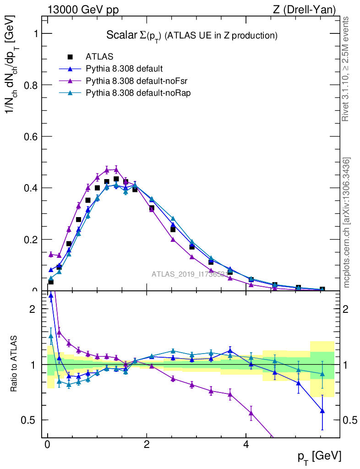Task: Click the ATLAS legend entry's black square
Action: point(70,57)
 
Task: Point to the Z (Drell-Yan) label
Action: point(309,10)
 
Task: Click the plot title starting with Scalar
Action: point(192,35)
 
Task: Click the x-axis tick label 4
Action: point(246,445)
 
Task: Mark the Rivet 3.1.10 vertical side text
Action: point(346,69)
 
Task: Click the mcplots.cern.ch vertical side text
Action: point(347,223)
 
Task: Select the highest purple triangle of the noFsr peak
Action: point(116,169)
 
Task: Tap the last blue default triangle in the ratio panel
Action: point(322,411)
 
